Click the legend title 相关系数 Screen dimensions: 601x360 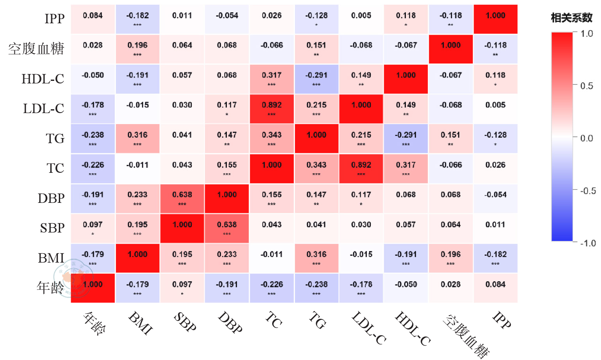(x=571, y=18)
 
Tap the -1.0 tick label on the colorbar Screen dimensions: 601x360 (x=588, y=243)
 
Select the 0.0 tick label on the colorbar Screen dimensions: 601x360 (x=587, y=138)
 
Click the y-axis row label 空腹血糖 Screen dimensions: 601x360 (x=36, y=49)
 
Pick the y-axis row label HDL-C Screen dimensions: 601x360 (x=43, y=79)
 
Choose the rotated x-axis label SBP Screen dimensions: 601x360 (x=185, y=321)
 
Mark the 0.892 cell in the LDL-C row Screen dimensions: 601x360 (x=272, y=109)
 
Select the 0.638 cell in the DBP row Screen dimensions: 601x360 (x=182, y=198)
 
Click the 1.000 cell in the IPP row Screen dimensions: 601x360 (x=496, y=19)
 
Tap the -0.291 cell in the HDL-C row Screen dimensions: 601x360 (x=317, y=79)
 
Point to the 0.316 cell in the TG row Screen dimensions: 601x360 (x=138, y=138)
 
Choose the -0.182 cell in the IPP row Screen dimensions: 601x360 (x=138, y=19)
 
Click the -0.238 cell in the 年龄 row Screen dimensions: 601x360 (x=317, y=288)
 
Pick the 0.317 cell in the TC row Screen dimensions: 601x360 (x=405, y=169)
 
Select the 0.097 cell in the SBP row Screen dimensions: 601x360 (x=93, y=228)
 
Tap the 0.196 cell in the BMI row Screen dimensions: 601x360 (x=451, y=258)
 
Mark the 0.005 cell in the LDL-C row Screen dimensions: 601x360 (x=496, y=109)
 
